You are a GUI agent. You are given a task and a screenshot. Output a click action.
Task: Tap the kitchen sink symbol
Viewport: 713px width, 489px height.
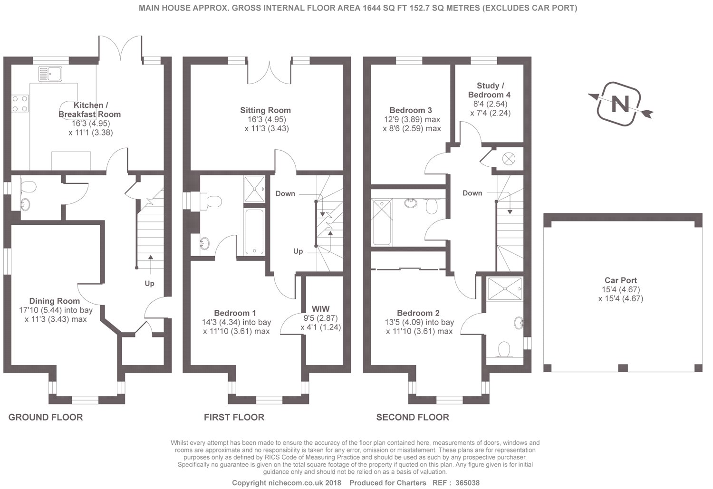(50, 74)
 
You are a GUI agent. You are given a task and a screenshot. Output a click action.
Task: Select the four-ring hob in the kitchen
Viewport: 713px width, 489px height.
(20, 104)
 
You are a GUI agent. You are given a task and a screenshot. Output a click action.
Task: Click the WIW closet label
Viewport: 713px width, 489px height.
(320, 309)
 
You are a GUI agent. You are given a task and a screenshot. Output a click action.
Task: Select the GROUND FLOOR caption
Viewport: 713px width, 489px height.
(46, 417)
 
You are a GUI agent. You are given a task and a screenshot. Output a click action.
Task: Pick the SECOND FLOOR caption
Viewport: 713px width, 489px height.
(413, 417)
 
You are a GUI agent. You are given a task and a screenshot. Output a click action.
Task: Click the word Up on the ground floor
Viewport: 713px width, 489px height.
(149, 284)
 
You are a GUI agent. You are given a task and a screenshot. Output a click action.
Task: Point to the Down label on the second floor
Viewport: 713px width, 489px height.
(472, 193)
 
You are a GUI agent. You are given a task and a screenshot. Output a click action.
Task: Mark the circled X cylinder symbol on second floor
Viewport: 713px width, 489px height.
(508, 158)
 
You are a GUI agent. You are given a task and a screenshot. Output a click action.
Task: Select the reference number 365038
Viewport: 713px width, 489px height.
(467, 483)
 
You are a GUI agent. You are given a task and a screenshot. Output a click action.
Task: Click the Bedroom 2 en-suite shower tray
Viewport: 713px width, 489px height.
(505, 289)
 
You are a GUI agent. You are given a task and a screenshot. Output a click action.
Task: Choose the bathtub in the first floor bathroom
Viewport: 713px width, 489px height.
(254, 231)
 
